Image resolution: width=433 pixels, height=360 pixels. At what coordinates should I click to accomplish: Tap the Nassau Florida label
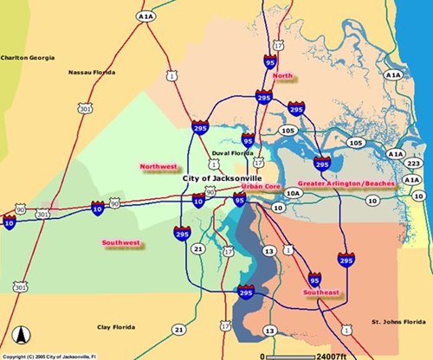click(94, 73)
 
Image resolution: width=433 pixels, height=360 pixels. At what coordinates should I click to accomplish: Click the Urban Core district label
click(261, 186)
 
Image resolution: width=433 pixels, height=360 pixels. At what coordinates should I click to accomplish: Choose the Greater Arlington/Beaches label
click(346, 183)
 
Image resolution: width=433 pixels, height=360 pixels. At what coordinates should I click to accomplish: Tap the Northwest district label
click(158, 165)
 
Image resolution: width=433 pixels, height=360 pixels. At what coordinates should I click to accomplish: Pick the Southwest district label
click(120, 243)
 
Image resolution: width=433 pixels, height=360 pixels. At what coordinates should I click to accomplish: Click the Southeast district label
click(320, 293)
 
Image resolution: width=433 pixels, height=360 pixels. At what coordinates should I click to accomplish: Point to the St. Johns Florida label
click(395, 321)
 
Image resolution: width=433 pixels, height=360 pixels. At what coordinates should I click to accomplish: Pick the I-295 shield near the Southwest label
click(182, 233)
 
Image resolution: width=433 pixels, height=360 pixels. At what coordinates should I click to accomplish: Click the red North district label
click(283, 76)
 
